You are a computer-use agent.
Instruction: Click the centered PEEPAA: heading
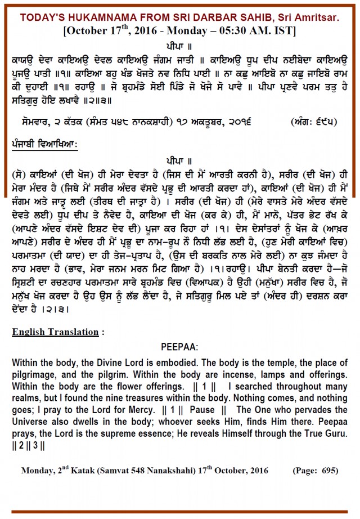coord(180,363)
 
